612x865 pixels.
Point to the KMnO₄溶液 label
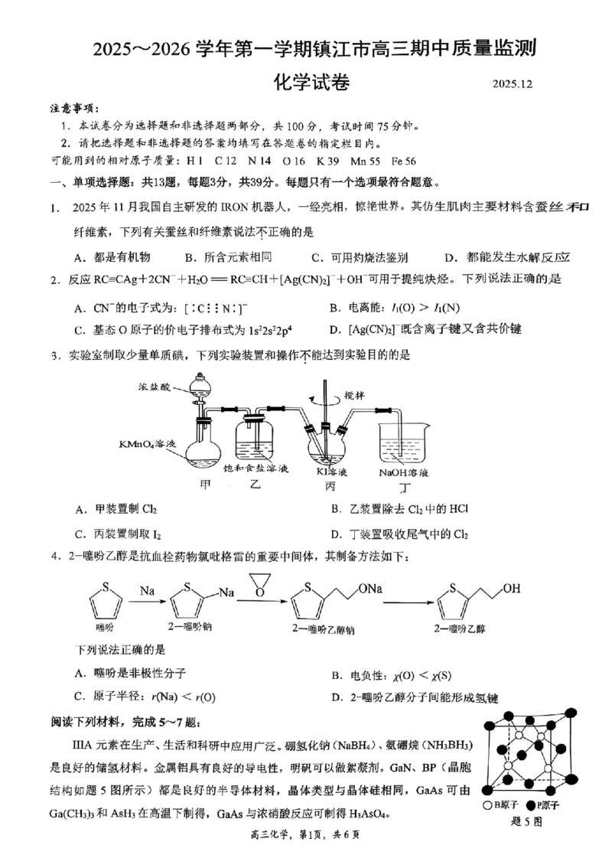point(148,444)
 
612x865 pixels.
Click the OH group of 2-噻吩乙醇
point(512,589)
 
